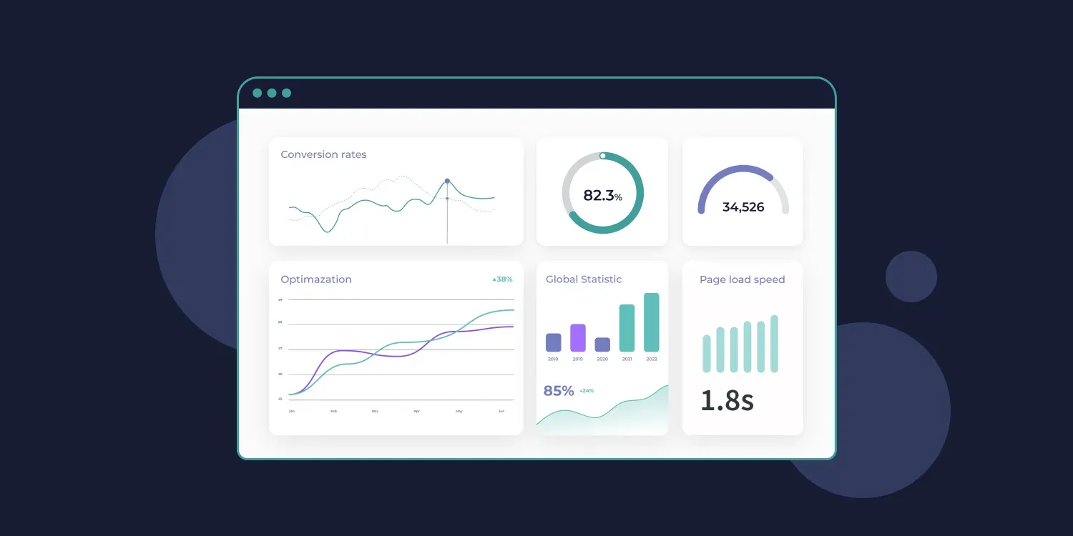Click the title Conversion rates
[323, 154]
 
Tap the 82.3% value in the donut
[602, 195]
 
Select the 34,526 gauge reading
[743, 207]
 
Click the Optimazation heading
[316, 279]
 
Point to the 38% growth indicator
[502, 279]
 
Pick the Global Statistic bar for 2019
[578, 338]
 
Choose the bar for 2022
[652, 322]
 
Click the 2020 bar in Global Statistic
[602, 344]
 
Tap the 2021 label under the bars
[627, 359]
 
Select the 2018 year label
[553, 359]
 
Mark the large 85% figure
[559, 391]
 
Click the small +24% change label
[587, 391]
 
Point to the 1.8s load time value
[727, 401]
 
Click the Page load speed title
[742, 279]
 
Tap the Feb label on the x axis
[333, 412]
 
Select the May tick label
[459, 412]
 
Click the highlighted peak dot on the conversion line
[447, 181]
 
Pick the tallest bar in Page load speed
[774, 344]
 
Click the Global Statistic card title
[584, 279]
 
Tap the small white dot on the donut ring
[603, 155]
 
